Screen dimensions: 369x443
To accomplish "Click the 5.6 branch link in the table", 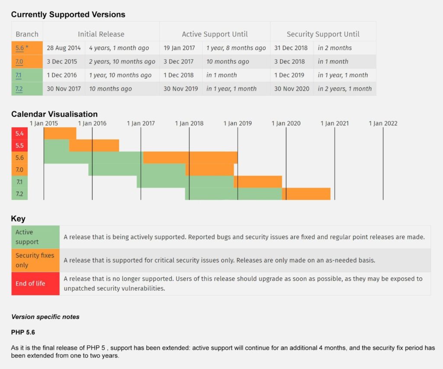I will [x=19, y=48].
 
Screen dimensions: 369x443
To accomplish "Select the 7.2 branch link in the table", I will [x=19, y=89].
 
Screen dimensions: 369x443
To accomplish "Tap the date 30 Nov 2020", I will [x=292, y=89].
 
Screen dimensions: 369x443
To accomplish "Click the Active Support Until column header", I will [x=215, y=34].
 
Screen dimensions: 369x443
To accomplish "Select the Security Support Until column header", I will [x=323, y=34].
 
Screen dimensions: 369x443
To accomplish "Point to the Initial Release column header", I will [x=101, y=34].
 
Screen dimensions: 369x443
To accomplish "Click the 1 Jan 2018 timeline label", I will [x=189, y=123].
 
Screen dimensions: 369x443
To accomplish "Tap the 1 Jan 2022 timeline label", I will [x=383, y=123].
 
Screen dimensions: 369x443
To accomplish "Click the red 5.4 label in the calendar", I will [x=19, y=134].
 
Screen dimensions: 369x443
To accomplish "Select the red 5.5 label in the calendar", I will [x=19, y=146].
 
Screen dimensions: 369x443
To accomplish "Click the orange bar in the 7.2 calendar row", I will [x=306, y=194].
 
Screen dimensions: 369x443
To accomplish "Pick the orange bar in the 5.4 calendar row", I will [x=60, y=134].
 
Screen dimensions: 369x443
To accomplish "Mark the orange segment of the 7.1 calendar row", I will [x=258, y=182].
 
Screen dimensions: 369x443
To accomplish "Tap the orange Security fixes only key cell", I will [x=35, y=260].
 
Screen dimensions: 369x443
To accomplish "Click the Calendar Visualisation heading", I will [x=55, y=114].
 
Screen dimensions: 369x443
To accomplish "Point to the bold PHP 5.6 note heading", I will [x=23, y=333].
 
